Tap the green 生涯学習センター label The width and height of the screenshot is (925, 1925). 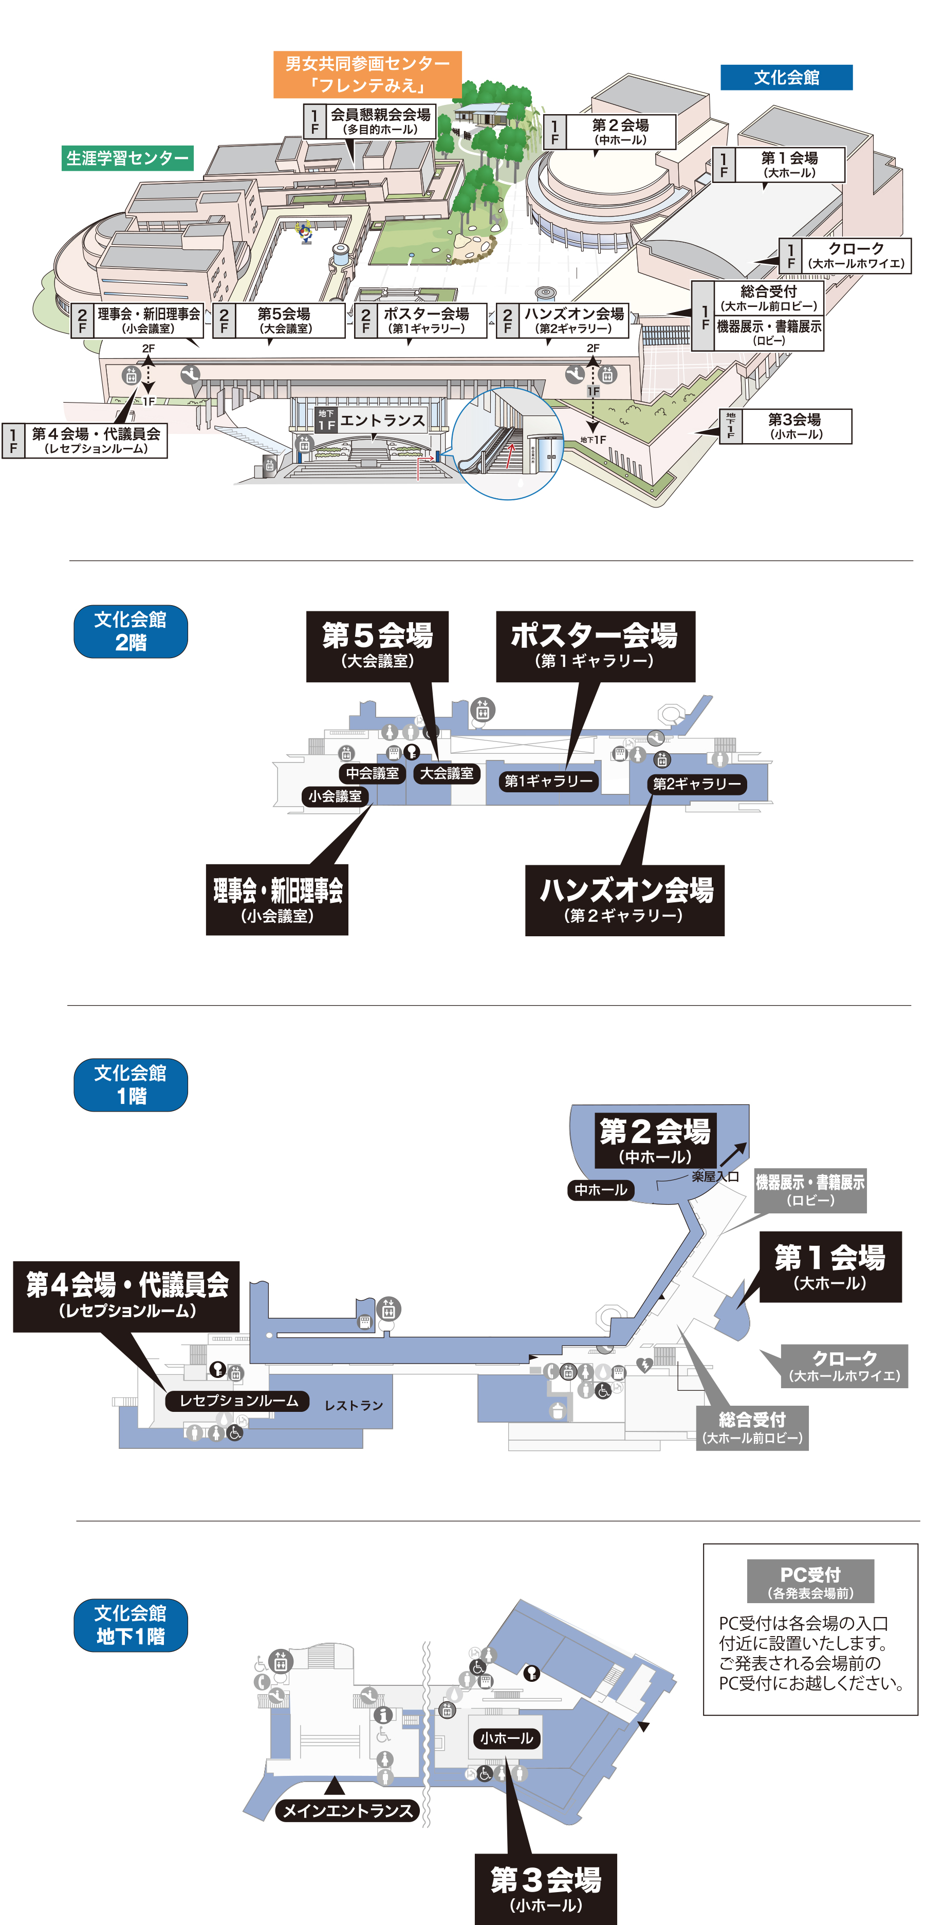127,158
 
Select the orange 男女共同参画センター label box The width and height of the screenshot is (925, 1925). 367,74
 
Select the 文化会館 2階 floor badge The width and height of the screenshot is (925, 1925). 131,631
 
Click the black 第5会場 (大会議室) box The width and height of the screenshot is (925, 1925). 377,646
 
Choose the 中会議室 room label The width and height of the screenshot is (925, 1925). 372,773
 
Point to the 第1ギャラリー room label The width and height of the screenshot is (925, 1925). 548,781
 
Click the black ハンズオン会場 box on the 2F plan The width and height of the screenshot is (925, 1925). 625,900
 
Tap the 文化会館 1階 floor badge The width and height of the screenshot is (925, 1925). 131,1084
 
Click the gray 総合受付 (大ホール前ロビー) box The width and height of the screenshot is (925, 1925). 752,1427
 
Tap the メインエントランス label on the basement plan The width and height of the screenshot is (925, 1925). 347,1810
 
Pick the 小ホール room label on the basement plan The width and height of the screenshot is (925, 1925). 506,1738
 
